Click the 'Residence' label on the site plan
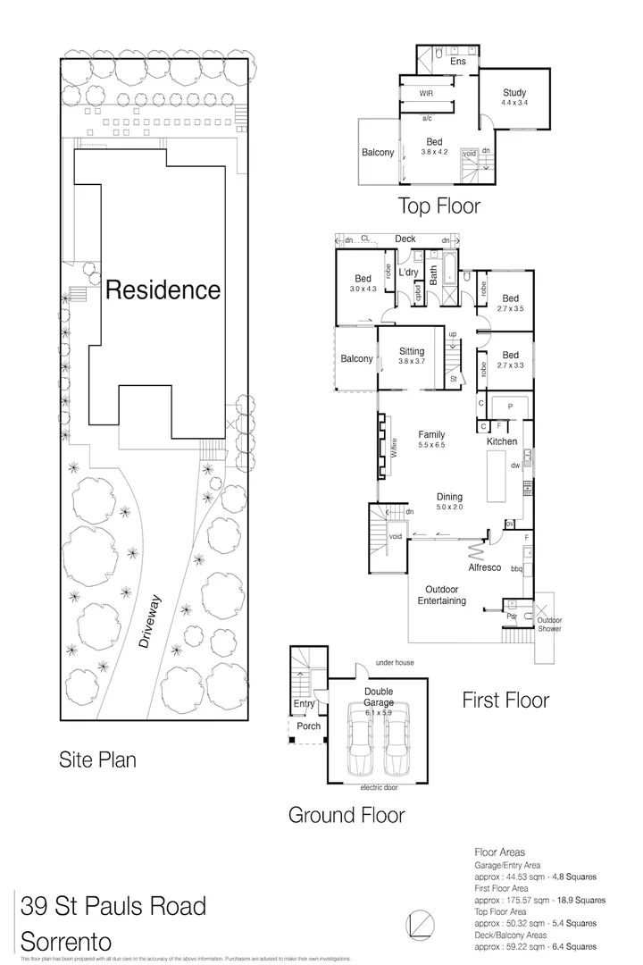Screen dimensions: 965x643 coord(163,289)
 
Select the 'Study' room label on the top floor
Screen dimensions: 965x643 coord(514,93)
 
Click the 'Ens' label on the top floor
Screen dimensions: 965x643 coord(457,62)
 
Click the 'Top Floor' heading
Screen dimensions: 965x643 coord(438,206)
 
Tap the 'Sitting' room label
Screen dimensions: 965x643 coord(412,352)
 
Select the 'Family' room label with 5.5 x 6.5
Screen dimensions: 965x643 coord(431,435)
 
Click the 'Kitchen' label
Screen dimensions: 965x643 coord(502,441)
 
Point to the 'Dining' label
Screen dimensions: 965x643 coord(449,498)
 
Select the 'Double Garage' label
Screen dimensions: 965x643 coord(379,696)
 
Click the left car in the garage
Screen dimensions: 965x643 coord(361,738)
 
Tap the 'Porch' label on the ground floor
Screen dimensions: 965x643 coord(308,726)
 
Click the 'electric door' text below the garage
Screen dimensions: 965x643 coord(379,788)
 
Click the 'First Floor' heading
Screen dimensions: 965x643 coord(505,700)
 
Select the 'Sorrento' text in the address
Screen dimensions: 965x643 coord(66,942)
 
